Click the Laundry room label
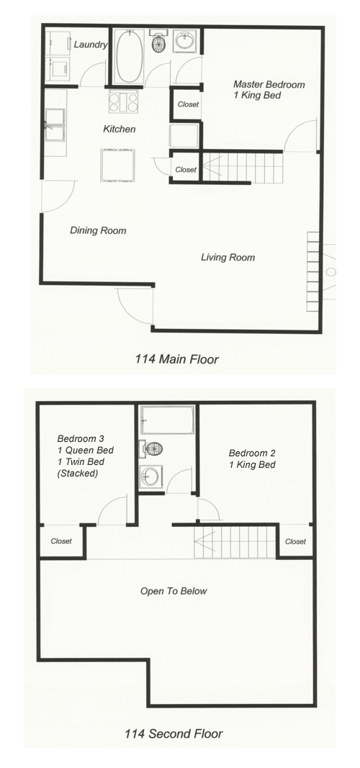pos(90,45)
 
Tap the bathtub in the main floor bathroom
pos(130,56)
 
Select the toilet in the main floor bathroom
pos(159,42)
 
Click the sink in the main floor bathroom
pos(185,41)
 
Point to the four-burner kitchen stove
pos(123,102)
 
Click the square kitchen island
pos(117,165)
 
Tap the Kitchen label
pos(119,130)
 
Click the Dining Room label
pos(98,230)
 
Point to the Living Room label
pos(228,257)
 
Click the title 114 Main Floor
pos(177,359)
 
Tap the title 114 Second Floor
pos(174,733)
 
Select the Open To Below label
pos(174,591)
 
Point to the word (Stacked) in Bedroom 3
pos(77,474)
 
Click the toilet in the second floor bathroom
pos(151,448)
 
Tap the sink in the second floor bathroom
pos(151,476)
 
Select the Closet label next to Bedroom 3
pos(61,541)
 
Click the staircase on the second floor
pos(235,542)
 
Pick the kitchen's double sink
pos(55,125)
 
